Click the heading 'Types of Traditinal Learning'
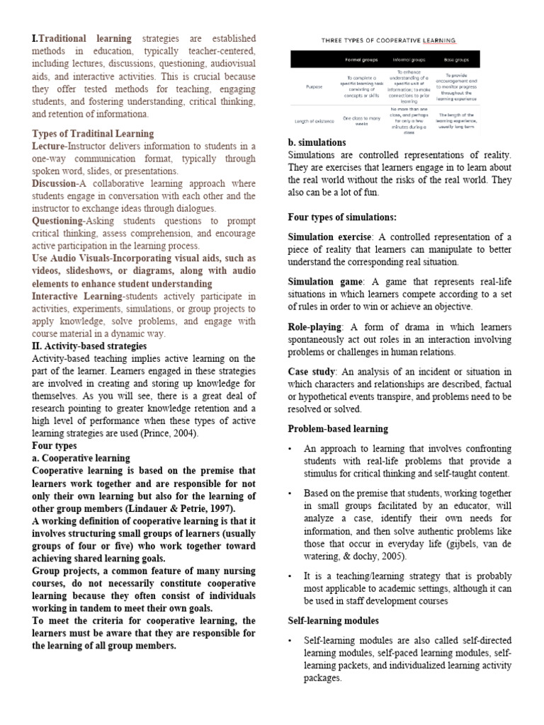tap(93, 133)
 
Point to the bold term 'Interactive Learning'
tap(77, 295)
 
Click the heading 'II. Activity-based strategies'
tap(89, 346)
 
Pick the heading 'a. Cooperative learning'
tap(81, 458)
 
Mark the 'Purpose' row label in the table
tap(314, 86)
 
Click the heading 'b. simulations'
tap(317, 142)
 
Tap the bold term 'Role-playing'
tap(315, 326)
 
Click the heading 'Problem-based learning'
tap(338, 428)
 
